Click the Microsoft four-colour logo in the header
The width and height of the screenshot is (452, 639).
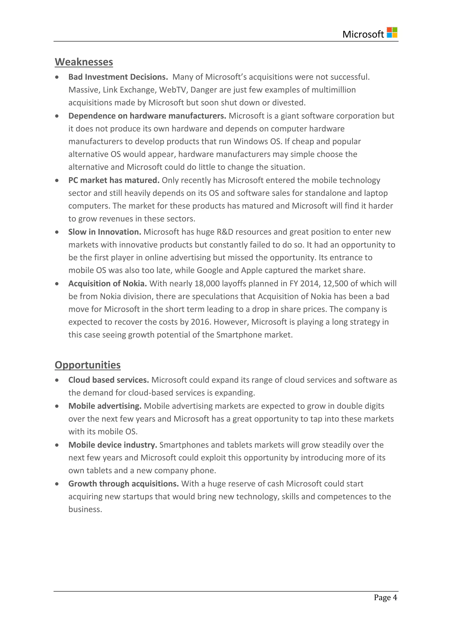pos(392,33)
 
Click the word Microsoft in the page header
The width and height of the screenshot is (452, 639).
pos(363,34)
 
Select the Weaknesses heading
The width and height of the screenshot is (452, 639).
pos(84,62)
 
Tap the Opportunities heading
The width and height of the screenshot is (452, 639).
pos(87,365)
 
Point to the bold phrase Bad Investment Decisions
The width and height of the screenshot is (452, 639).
pos(118,77)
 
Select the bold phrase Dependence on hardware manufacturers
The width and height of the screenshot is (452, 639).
pos(147,116)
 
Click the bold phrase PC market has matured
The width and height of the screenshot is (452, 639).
pos(114,180)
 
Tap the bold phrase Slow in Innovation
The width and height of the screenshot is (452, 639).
pos(105,232)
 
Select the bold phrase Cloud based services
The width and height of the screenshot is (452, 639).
pos(109,380)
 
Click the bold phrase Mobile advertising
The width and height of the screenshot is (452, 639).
pos(105,406)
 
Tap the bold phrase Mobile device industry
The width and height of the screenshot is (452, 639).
pos(113,445)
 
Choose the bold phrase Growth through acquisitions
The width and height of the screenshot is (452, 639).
pos(124,484)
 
